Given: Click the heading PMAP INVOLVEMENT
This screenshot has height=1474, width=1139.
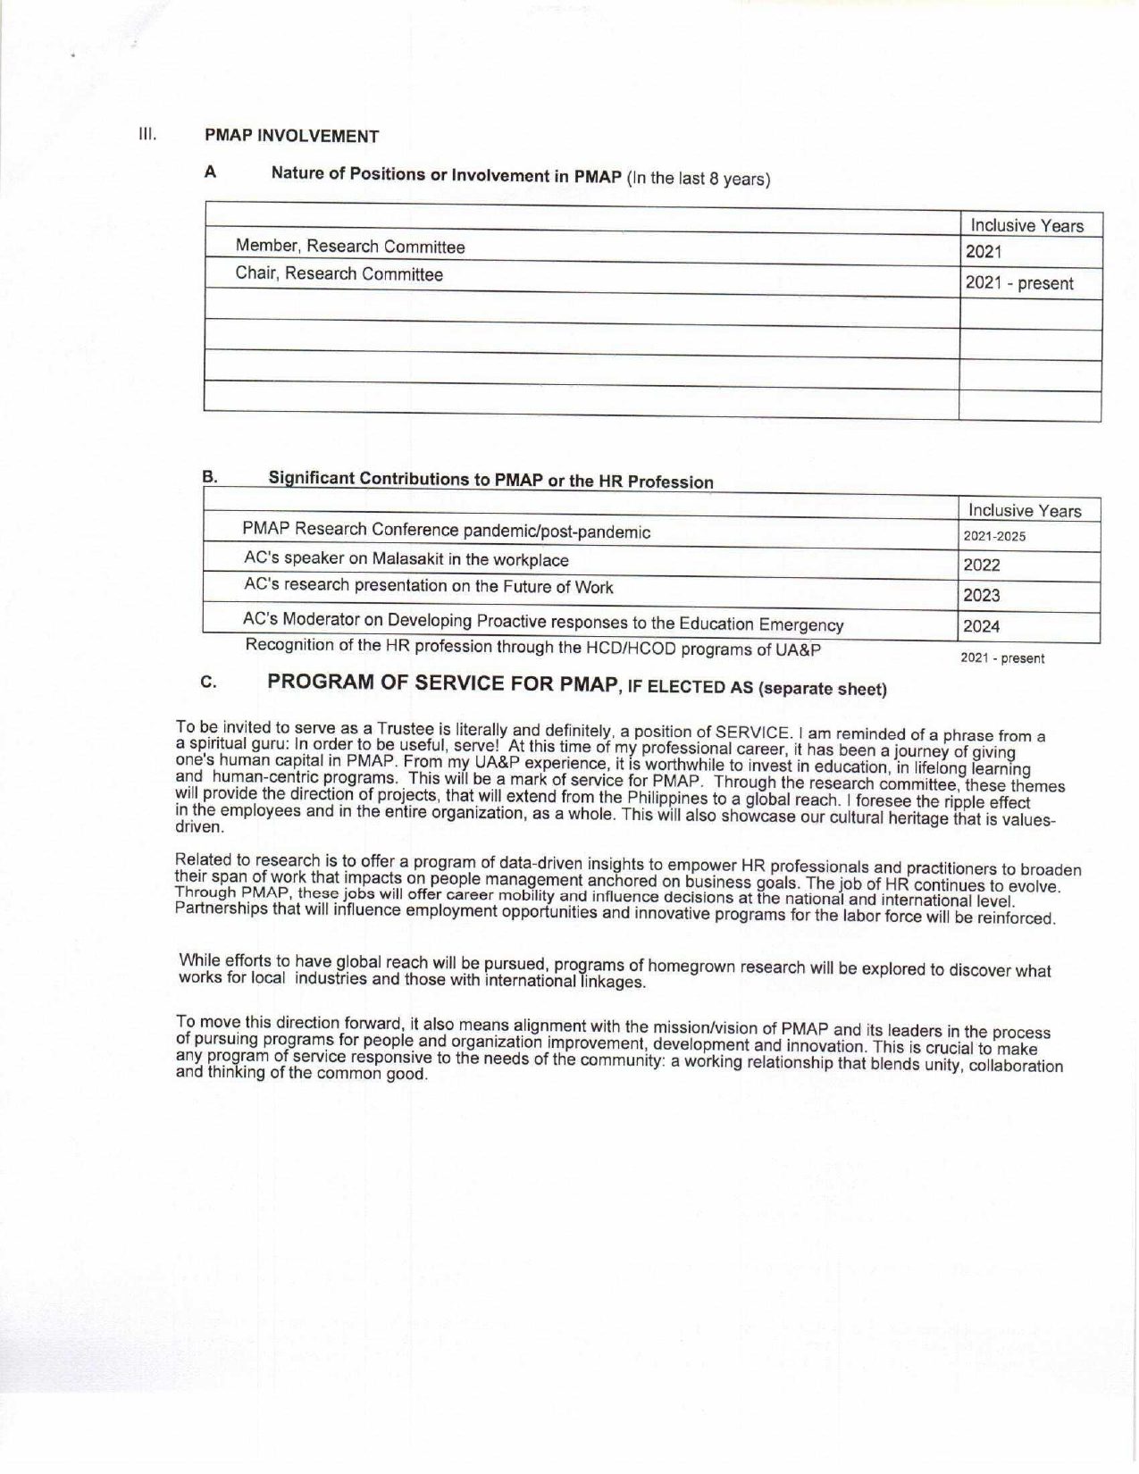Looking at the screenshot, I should click(x=291, y=137).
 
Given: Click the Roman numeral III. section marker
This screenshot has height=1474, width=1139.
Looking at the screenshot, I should click(x=147, y=135).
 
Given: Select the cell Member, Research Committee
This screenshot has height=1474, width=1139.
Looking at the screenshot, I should click(x=350, y=247).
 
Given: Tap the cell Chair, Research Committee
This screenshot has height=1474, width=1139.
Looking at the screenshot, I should click(x=339, y=274).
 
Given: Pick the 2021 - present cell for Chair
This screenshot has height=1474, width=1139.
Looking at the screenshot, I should click(x=1018, y=284).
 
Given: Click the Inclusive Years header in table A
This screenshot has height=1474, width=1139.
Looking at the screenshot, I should click(x=1026, y=226).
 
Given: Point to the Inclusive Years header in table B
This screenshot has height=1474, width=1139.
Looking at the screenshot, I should click(x=1025, y=511).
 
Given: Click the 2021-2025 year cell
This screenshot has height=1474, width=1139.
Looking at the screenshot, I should click(x=994, y=538).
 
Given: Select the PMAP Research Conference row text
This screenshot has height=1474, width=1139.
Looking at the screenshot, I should click(x=447, y=531).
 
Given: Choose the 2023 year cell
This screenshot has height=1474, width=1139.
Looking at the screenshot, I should click(x=982, y=596).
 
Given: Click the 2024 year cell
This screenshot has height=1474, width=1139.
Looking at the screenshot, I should click(x=982, y=627).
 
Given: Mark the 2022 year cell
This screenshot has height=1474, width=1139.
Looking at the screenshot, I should click(x=982, y=565).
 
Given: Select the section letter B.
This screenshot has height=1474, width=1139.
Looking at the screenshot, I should click(x=209, y=477).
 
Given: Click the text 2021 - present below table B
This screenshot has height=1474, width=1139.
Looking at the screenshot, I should click(x=1001, y=659).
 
